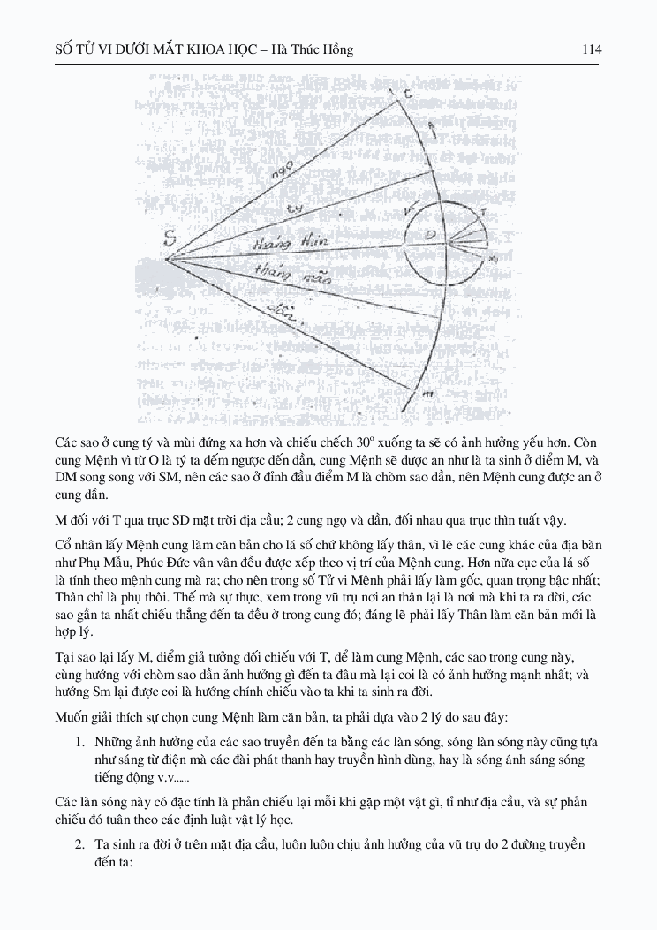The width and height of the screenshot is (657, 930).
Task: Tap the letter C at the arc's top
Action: tap(408, 95)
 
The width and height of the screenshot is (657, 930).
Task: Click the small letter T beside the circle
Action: tap(481, 213)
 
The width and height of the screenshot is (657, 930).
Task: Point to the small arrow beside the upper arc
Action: tap(431, 133)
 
